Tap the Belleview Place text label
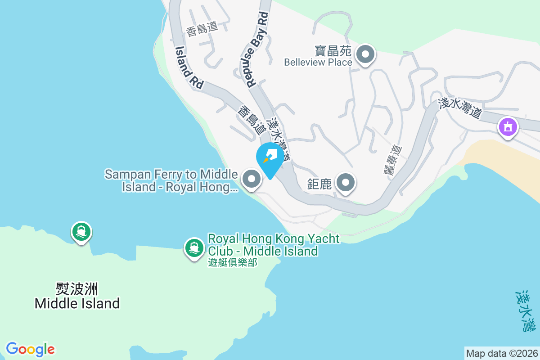tap(318, 62)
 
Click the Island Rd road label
tap(189, 67)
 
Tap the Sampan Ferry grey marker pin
tap(252, 179)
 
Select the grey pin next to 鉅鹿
tap(346, 183)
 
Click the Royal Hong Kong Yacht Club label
tap(273, 244)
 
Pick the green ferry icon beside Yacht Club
tap(194, 247)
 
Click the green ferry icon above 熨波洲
tap(81, 232)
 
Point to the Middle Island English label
tap(77, 303)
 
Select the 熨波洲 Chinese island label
tap(77, 288)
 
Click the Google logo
tap(31, 349)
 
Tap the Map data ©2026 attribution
tap(502, 353)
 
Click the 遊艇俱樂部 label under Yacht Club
tap(233, 262)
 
